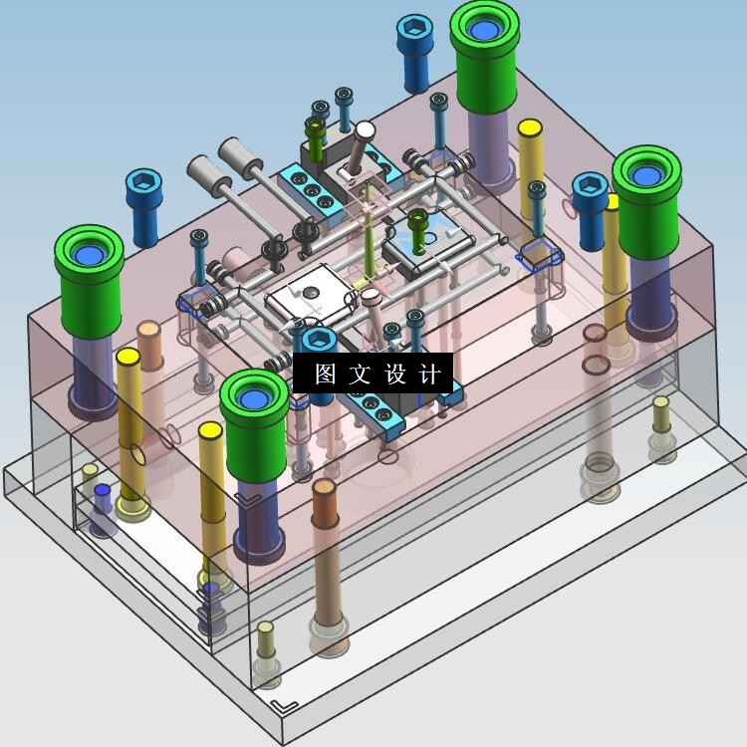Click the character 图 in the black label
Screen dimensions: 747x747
click(325, 373)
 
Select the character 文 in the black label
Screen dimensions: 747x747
click(360, 373)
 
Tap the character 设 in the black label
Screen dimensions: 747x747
click(395, 373)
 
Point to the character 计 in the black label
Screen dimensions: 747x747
click(429, 373)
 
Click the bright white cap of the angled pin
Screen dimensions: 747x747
click(365, 129)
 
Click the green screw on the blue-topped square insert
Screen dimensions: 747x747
click(417, 231)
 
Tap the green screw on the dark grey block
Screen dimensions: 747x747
click(315, 138)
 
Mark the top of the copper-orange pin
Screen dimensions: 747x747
click(324, 486)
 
